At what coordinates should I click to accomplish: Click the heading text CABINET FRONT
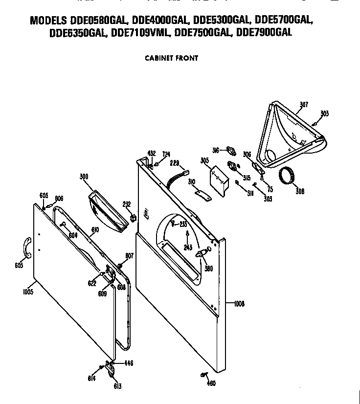(171, 58)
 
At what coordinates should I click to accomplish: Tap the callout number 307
(304, 105)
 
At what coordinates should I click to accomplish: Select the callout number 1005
(27, 292)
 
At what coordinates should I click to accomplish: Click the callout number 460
(211, 383)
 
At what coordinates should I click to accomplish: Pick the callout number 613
(117, 386)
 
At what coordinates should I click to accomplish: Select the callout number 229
(174, 163)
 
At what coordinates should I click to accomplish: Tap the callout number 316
(216, 150)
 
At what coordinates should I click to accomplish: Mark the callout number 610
(95, 229)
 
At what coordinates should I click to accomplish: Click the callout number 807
(129, 256)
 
